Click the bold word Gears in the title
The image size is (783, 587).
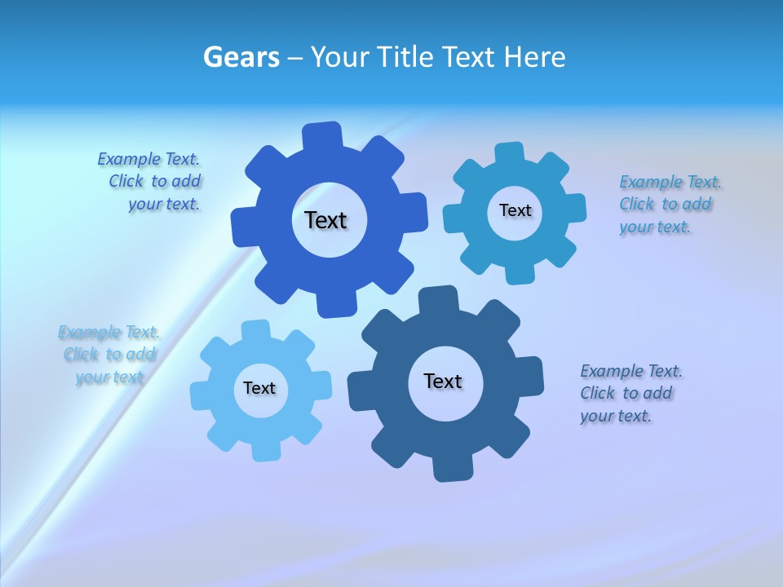(241, 57)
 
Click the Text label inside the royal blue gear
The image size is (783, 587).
(325, 220)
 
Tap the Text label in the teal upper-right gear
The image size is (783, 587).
(515, 210)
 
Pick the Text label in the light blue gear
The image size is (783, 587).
(259, 388)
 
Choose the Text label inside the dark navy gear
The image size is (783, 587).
(443, 381)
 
